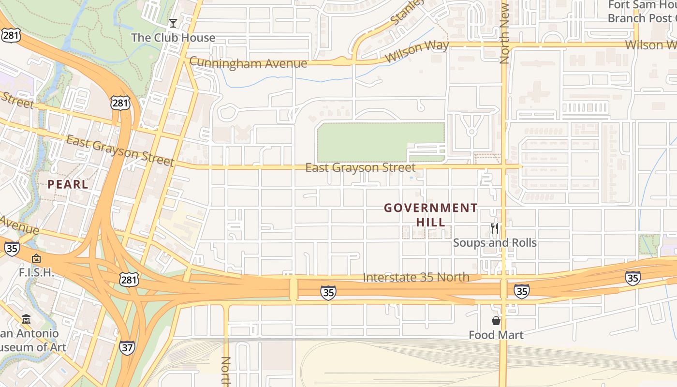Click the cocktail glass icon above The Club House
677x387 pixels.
click(x=173, y=23)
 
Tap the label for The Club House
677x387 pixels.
click(x=173, y=38)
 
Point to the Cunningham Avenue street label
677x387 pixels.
click(x=248, y=63)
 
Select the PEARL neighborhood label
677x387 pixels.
click(x=68, y=184)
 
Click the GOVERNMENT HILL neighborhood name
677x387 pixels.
click(x=430, y=215)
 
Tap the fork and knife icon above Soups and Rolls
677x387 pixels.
click(x=495, y=228)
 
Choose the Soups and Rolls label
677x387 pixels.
click(x=495, y=243)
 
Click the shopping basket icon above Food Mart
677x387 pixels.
click(x=496, y=320)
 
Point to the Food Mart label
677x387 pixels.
click(x=496, y=335)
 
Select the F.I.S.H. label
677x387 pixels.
click(x=36, y=272)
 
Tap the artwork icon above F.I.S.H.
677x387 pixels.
click(x=36, y=259)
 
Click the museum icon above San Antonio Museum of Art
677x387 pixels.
click(x=26, y=319)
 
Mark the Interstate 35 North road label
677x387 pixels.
click(x=416, y=277)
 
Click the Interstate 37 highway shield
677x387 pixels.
click(x=127, y=347)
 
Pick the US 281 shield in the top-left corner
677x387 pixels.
click(x=11, y=35)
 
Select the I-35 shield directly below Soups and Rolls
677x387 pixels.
click(x=521, y=291)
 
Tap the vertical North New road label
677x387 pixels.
click(x=504, y=33)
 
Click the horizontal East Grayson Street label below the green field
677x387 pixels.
click(x=360, y=168)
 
